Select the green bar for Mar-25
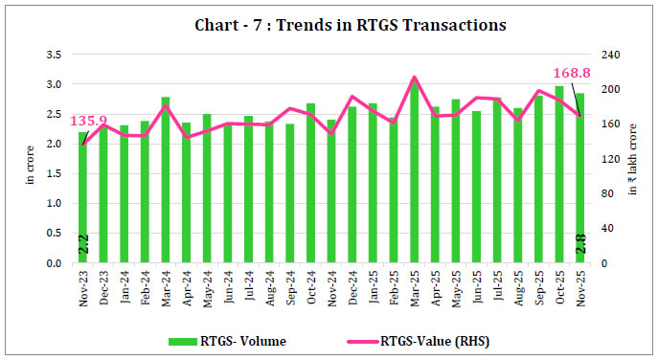[x=414, y=172]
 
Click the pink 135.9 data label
[x=88, y=122]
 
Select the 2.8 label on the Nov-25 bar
[x=579, y=246]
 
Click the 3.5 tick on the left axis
[x=56, y=54]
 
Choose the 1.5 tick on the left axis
[x=56, y=173]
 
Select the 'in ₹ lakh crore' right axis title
[x=633, y=158]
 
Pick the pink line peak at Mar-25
[x=414, y=78]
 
